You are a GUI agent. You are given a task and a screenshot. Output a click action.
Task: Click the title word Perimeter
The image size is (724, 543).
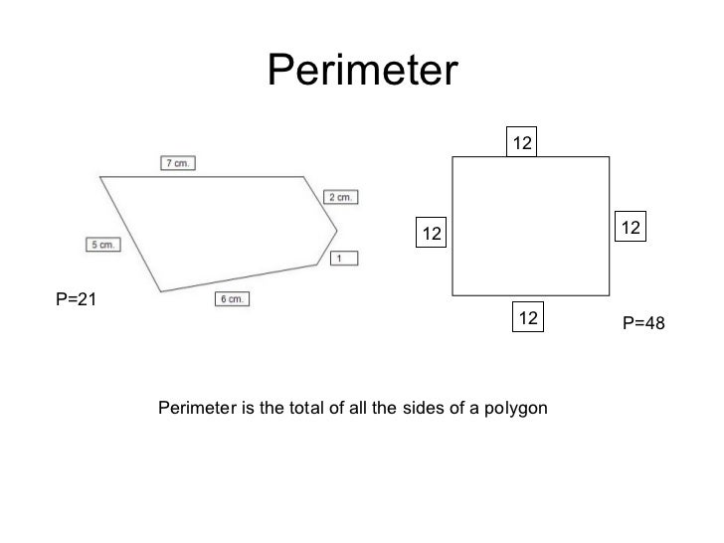click(x=362, y=71)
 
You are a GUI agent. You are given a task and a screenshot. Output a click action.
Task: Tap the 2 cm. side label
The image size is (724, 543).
click(x=340, y=197)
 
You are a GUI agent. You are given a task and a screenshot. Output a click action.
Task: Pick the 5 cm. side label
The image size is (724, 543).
click(x=103, y=244)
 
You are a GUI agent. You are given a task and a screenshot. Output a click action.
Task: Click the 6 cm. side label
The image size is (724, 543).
click(x=231, y=298)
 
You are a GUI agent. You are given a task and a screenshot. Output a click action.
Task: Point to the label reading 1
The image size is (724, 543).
click(x=341, y=259)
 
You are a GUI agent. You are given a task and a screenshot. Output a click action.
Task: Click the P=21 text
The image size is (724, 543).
click(x=76, y=297)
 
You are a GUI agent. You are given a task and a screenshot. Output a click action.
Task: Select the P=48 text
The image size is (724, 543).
click(x=643, y=323)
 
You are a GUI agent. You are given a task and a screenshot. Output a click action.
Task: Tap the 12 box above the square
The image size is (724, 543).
click(x=523, y=144)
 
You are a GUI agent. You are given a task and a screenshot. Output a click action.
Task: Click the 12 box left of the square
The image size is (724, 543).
click(x=431, y=234)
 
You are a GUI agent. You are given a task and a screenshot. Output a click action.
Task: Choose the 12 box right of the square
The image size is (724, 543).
click(x=632, y=228)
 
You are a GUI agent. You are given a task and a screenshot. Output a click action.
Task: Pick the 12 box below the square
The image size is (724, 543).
click(x=528, y=318)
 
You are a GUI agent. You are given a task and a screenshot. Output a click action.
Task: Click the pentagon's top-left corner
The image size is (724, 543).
click(x=98, y=177)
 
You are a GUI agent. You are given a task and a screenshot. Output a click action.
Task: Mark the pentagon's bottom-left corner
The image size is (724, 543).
click(x=159, y=291)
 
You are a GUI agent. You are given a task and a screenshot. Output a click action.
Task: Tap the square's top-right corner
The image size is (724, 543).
click(x=609, y=157)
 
